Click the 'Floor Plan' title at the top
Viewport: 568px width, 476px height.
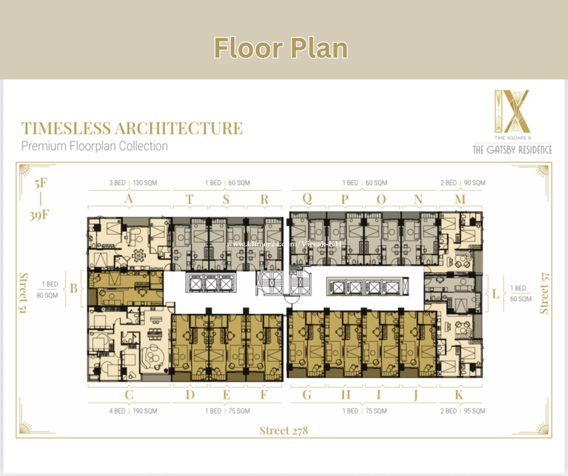coord(281,48)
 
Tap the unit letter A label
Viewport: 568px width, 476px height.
coord(129,199)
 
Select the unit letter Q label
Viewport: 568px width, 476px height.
coord(307,199)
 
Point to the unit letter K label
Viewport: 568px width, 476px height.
coord(459,395)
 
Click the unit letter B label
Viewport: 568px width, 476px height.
coord(74,288)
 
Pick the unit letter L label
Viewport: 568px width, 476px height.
coord(496,294)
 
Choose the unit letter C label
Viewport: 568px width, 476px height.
coord(129,395)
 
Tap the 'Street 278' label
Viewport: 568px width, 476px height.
coord(283,431)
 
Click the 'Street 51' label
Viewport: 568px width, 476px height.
coord(24,293)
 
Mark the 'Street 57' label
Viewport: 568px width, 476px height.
coord(544,293)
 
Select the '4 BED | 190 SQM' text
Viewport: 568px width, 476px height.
coord(133,411)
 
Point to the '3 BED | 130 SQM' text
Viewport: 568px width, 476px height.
coord(133,183)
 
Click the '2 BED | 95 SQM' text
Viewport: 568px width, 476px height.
coord(463,411)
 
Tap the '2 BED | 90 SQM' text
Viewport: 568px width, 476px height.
coord(463,183)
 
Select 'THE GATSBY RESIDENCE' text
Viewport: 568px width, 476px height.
coord(512,150)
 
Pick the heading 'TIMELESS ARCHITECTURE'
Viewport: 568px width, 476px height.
coord(132,128)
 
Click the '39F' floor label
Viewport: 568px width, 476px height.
coord(39,215)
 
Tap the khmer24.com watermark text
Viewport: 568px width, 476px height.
coord(284,244)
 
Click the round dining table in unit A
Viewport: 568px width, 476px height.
coord(139,255)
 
